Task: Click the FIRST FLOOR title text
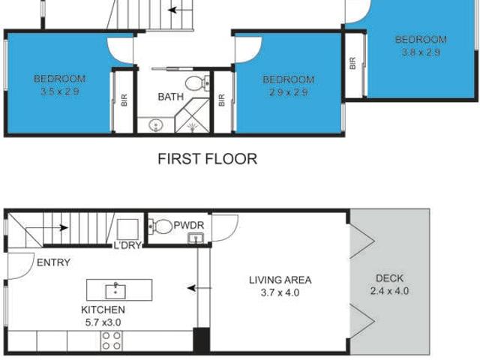point(207,159)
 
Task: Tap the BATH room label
point(170,97)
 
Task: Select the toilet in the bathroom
point(197,83)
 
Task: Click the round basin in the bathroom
point(156,125)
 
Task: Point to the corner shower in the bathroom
point(193,115)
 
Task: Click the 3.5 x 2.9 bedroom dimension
point(60,91)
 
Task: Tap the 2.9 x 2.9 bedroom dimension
point(288,92)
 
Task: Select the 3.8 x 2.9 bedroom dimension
point(421,52)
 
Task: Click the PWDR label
point(188,225)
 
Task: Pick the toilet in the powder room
point(160,226)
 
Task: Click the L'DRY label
point(127,245)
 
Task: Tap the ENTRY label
point(53,262)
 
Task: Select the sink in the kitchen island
point(115,291)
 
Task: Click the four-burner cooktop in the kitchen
point(112,340)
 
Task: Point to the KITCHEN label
point(103,310)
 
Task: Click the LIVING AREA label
point(280,280)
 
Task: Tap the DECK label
point(389,278)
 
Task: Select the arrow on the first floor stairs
point(181,10)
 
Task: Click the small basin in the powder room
point(196,238)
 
